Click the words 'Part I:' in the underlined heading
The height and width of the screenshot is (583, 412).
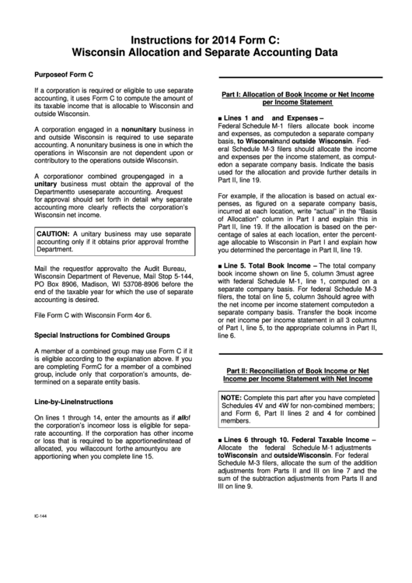pyautogui.click(x=236, y=93)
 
